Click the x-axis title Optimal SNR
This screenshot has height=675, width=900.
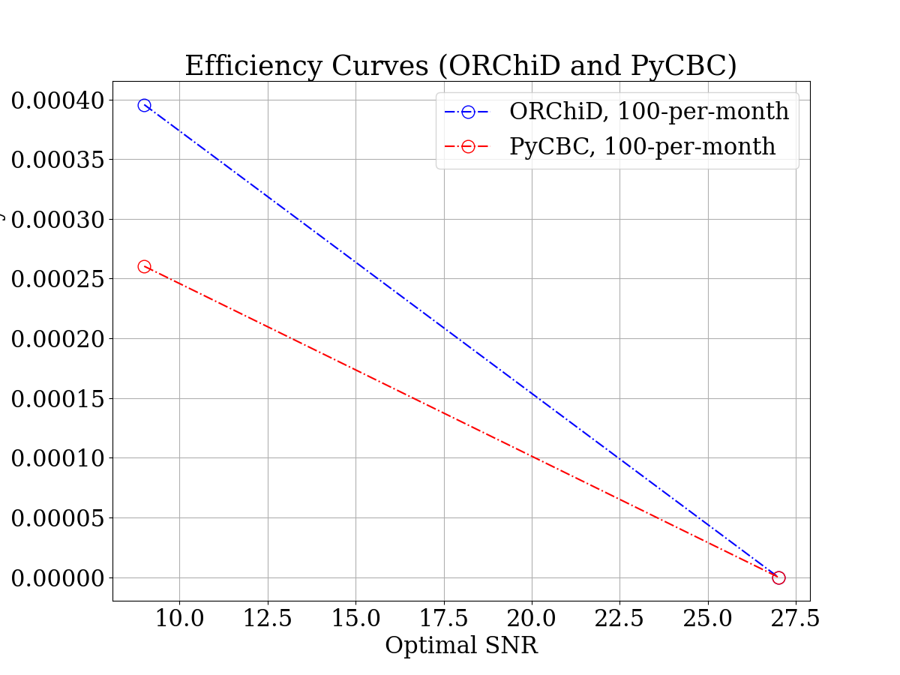pos(461,646)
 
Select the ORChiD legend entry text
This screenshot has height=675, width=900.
pos(649,112)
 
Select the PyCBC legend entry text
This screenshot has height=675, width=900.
pos(642,146)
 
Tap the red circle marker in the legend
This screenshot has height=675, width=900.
pos(468,147)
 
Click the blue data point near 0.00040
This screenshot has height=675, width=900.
pos(144,106)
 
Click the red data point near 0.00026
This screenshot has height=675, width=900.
pos(144,267)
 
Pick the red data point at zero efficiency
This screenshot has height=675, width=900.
pos(778,577)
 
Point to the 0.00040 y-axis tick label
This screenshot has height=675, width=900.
pos(58,100)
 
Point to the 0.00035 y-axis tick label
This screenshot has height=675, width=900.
pos(58,160)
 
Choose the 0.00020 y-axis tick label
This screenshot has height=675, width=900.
pos(58,339)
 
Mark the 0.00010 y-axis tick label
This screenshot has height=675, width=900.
pos(58,458)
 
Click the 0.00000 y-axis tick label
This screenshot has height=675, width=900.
pos(58,577)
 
